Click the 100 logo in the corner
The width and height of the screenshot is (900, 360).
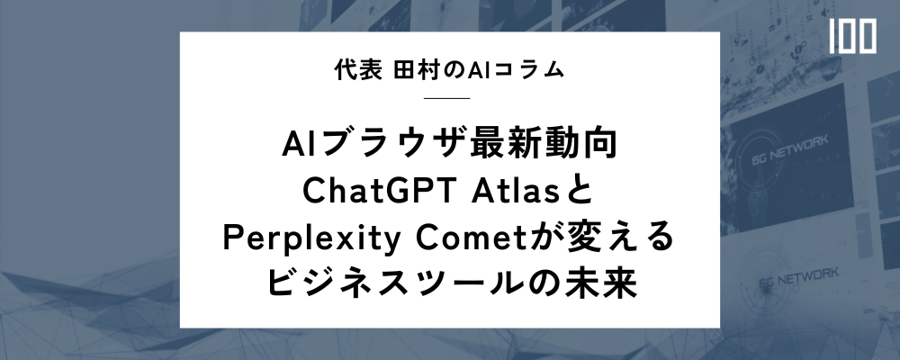[852, 36]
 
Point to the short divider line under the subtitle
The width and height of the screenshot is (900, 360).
[446, 98]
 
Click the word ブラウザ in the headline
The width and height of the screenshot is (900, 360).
[396, 145]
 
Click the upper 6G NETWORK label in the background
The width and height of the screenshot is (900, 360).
[790, 149]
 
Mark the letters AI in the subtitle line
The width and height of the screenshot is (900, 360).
[478, 70]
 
